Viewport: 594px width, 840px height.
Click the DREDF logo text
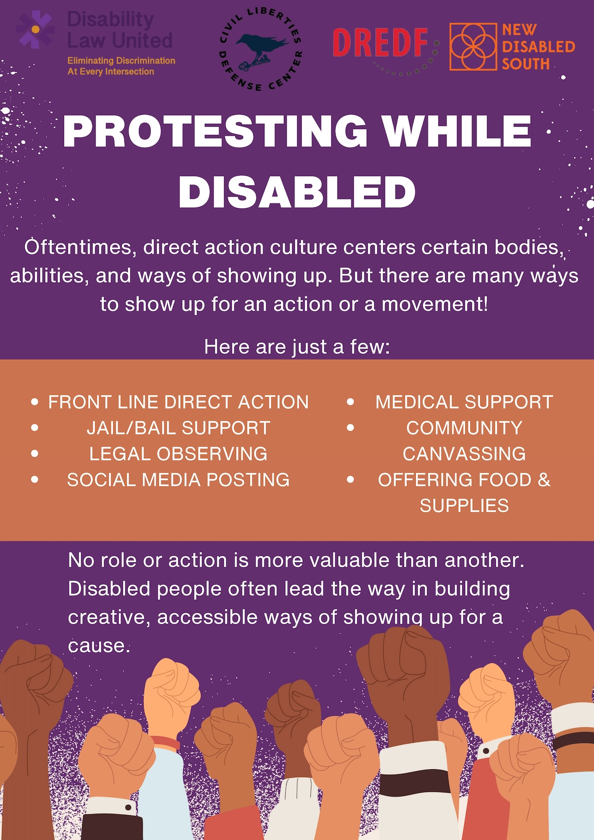coord(380,42)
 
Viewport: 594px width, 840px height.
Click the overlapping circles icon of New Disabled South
coord(473,47)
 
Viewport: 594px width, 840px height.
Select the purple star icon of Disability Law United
coord(35,30)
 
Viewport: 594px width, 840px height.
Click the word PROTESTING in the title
coord(215,132)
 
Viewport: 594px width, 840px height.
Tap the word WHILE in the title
coord(456,132)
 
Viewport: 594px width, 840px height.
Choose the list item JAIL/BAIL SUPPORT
coord(178,428)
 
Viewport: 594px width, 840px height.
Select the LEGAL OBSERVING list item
coord(178,454)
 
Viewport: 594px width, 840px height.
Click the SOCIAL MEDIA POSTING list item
coord(178,480)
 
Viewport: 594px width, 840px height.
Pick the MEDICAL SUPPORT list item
coord(464,402)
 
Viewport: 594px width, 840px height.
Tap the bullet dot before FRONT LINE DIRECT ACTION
coord(35,402)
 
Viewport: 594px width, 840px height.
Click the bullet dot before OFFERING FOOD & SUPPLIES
coord(350,479)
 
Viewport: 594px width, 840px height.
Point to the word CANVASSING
coord(464,454)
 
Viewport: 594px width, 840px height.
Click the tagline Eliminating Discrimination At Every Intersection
coord(121,66)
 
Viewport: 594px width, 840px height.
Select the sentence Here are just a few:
coord(297,347)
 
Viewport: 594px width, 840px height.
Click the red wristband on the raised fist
coord(165,742)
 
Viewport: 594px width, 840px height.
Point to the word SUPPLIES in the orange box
coord(464,505)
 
